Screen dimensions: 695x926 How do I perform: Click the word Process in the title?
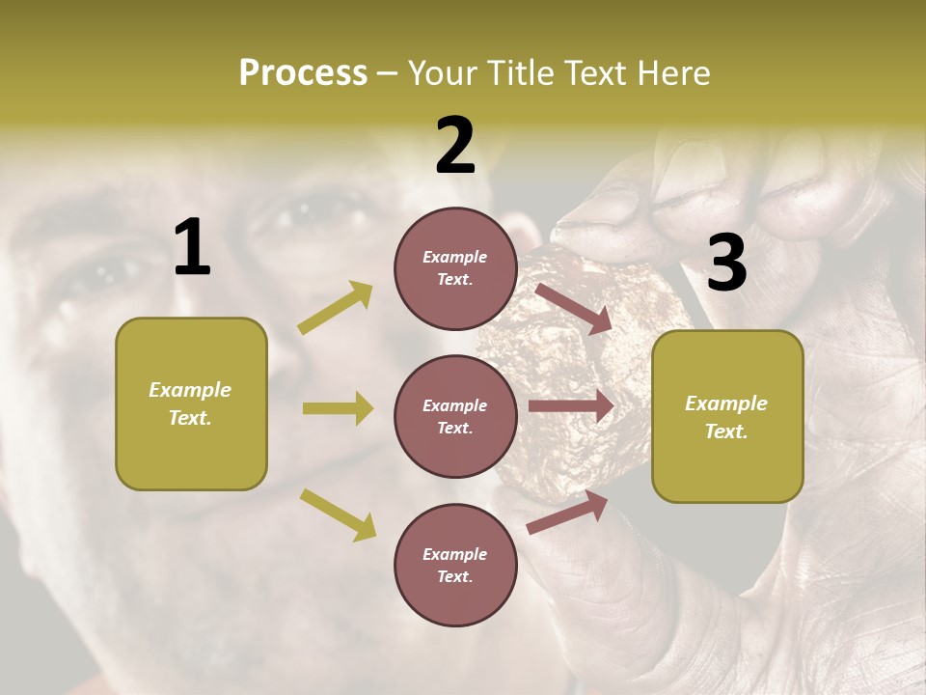[x=303, y=73]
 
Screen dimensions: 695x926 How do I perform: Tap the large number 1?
[x=192, y=248]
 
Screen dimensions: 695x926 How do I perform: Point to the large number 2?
[x=455, y=146]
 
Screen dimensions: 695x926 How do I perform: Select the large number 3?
[x=726, y=264]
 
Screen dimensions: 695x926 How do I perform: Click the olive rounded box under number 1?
[x=191, y=403]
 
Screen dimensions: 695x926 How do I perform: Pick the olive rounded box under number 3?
[x=727, y=416]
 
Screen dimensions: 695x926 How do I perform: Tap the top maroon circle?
[x=455, y=268]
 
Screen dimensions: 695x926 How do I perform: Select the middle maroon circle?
[x=455, y=416]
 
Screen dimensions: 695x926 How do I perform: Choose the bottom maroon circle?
[x=455, y=565]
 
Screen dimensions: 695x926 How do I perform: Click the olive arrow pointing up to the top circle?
[x=336, y=308]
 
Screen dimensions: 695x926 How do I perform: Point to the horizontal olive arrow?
[x=338, y=408]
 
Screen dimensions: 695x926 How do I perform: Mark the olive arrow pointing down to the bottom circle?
[x=338, y=514]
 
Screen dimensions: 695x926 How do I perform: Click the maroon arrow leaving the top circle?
[x=574, y=308]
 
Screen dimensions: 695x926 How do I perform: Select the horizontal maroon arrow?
[x=571, y=406]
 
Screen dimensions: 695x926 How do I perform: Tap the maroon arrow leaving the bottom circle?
[x=567, y=513]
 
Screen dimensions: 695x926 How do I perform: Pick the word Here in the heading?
[x=672, y=73]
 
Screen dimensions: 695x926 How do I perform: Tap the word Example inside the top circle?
[x=455, y=257]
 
